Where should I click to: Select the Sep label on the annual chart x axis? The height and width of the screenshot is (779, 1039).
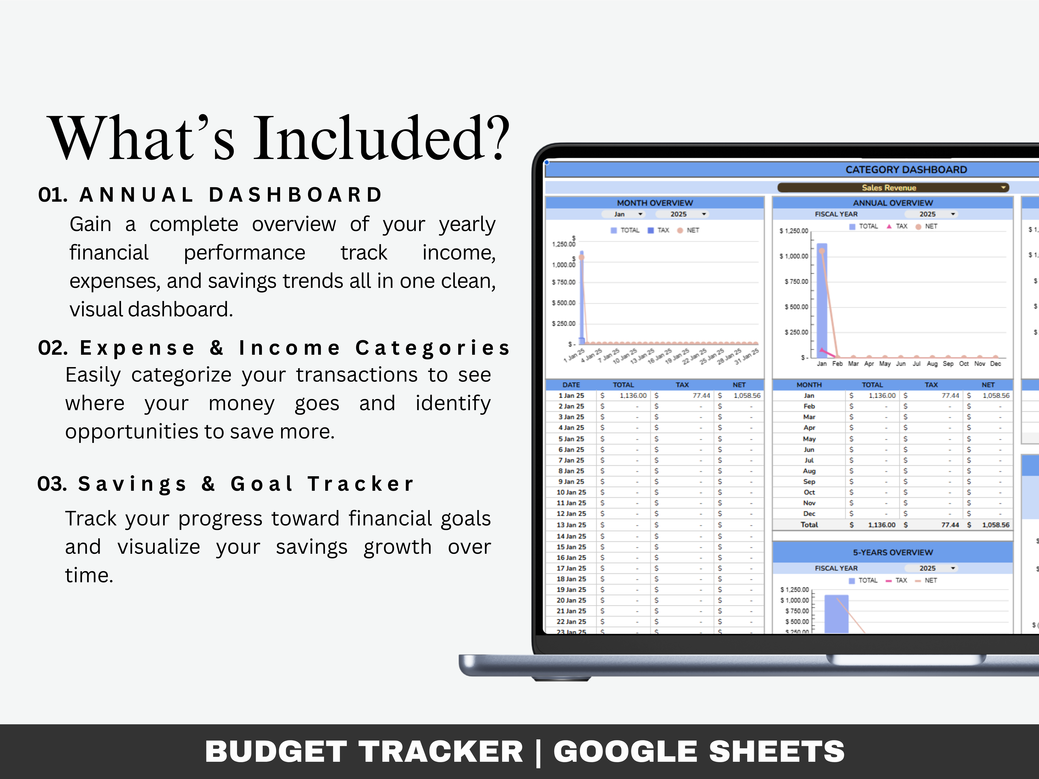pos(948,364)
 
